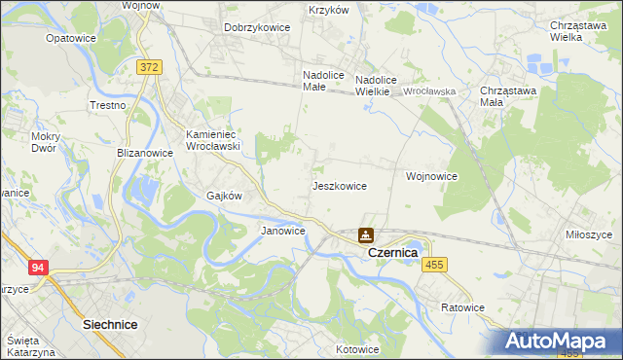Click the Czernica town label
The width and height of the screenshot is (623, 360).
point(392,252)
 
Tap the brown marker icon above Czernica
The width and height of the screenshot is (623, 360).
point(365,234)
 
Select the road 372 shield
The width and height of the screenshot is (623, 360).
point(149,67)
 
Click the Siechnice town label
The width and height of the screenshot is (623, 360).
point(110,323)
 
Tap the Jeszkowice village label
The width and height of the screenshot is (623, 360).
point(339,185)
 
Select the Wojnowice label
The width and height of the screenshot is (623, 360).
point(432,176)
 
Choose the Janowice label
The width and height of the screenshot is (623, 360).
point(283,231)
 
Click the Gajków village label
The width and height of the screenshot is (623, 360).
point(224,195)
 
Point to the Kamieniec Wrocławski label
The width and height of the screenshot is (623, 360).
point(213,139)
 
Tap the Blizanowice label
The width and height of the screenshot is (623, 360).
point(145,153)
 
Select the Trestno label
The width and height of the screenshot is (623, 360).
point(108,105)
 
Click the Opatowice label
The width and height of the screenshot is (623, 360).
point(70,39)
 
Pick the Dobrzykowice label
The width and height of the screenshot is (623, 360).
point(257,27)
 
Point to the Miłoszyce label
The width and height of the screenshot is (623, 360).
point(589,234)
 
